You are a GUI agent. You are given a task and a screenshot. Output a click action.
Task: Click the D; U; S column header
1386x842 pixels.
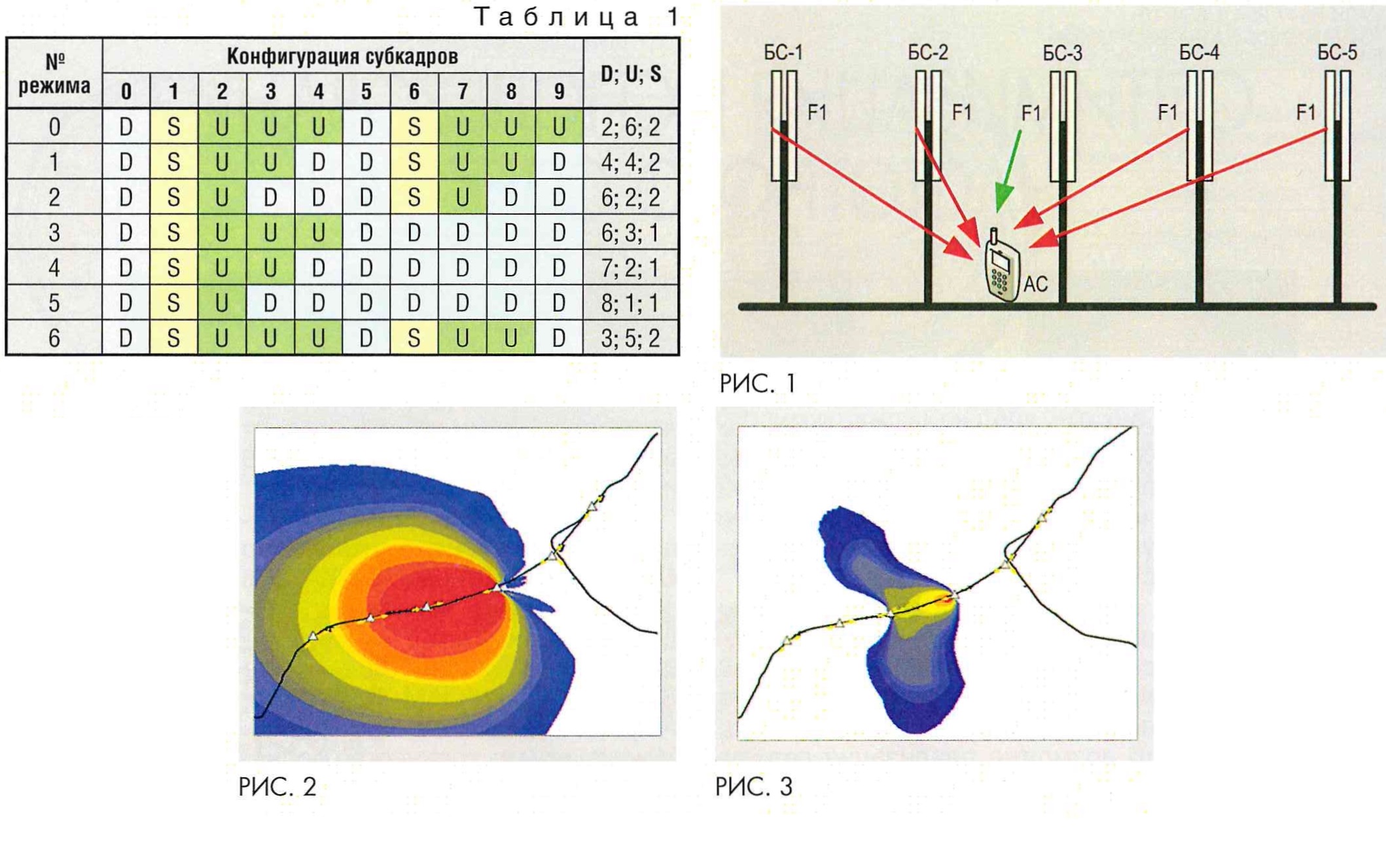(631, 73)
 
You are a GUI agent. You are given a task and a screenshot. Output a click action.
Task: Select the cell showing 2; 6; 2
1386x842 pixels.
(631, 126)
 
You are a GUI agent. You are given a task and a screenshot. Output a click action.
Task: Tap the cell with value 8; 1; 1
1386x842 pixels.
(631, 303)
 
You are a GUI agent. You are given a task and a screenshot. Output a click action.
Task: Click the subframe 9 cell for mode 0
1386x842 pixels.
(559, 126)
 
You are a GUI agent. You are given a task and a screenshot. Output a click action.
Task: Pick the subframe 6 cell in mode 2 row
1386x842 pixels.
(414, 197)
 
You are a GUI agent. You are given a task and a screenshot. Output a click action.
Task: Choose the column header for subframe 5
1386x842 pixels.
(366, 92)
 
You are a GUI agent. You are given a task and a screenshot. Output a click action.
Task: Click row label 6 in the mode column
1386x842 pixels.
(54, 339)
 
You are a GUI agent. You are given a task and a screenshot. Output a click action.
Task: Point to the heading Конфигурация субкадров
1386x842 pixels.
(342, 56)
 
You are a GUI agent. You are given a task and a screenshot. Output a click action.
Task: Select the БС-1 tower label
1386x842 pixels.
(783, 52)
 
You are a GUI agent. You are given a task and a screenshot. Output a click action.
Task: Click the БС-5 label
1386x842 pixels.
(1337, 52)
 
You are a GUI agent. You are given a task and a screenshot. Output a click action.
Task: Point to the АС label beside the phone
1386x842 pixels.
(1035, 284)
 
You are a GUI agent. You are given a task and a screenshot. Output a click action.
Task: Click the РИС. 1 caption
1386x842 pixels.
(757, 383)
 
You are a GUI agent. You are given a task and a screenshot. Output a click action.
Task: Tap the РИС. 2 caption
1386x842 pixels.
(277, 786)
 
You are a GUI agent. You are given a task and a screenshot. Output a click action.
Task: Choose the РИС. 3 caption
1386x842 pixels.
(754, 786)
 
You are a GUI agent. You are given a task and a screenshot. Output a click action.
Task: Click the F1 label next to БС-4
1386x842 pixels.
(1167, 113)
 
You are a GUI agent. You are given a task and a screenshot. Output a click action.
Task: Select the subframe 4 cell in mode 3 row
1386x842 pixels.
(319, 232)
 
